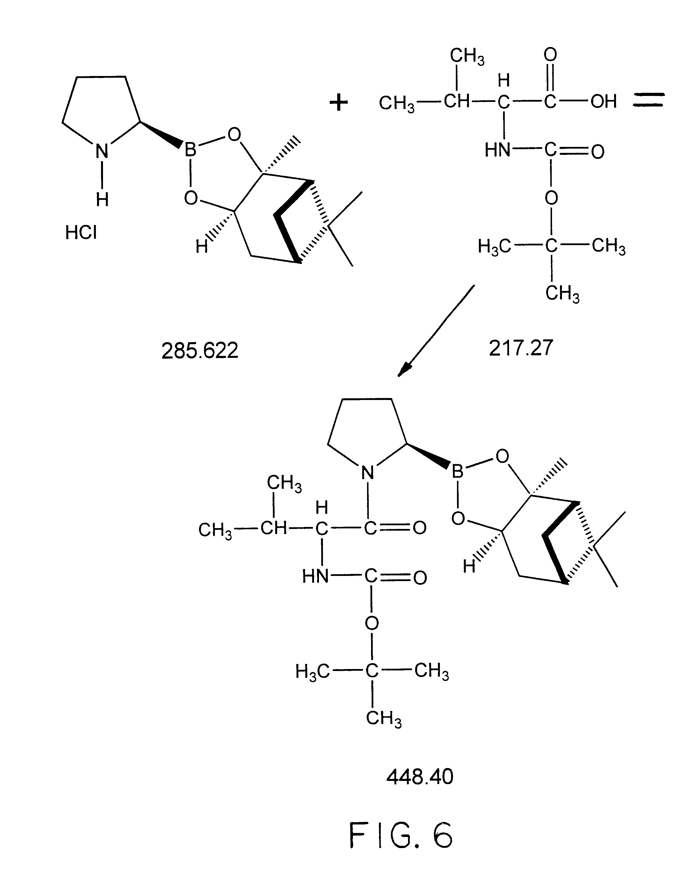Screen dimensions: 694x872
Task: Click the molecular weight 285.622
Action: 200,350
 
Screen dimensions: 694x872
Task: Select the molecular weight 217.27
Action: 521,348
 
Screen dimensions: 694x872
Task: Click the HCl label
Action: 81,233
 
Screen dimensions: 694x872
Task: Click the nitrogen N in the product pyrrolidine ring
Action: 367,472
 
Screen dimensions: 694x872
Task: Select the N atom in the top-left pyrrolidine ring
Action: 102,151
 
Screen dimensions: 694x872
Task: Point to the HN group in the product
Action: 315,576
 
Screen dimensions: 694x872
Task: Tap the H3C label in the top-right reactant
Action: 494,246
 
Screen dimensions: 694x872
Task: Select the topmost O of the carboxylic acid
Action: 550,55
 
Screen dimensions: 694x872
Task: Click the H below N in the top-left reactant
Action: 102,199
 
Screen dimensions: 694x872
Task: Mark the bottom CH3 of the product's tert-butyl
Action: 384,718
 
